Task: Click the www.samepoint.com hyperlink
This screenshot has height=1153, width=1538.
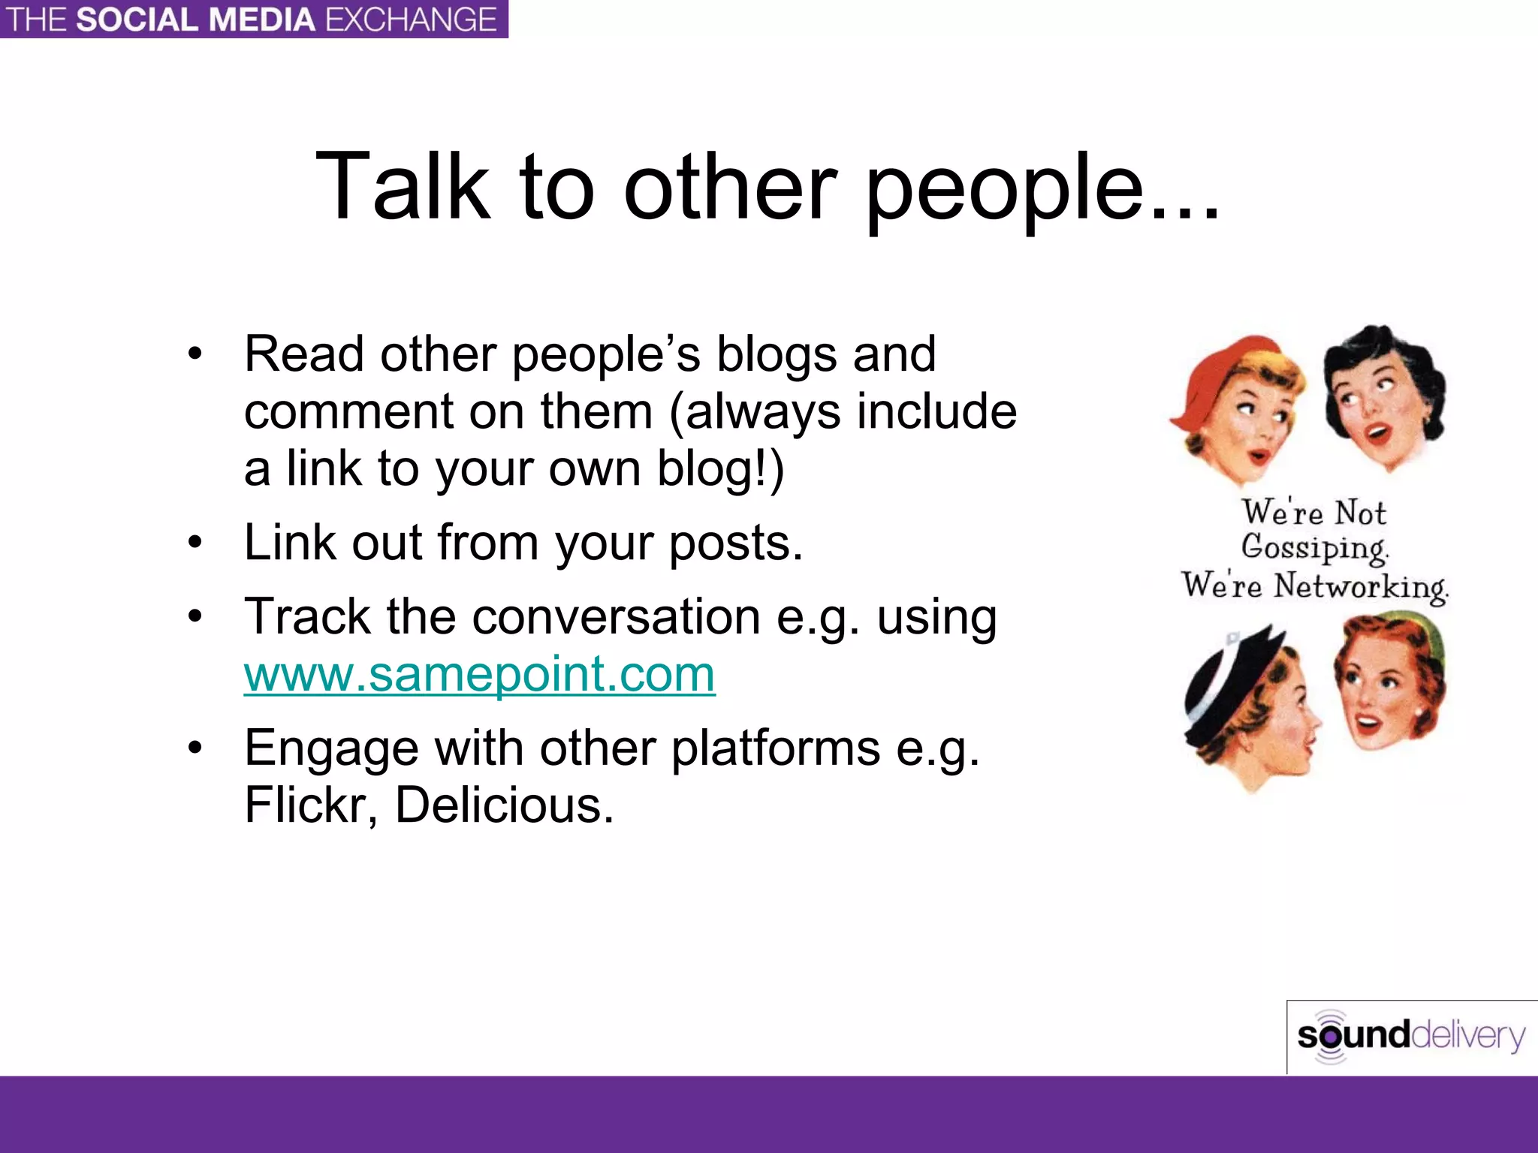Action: pyautogui.click(x=479, y=673)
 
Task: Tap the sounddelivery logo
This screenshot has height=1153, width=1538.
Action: pyautogui.click(x=1410, y=1037)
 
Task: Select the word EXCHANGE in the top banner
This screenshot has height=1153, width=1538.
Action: pyautogui.click(x=411, y=20)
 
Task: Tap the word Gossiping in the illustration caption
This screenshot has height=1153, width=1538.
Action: pyautogui.click(x=1314, y=548)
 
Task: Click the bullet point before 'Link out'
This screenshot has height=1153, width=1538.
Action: pyautogui.click(x=195, y=542)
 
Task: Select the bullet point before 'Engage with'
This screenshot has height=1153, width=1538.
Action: pyautogui.click(x=195, y=748)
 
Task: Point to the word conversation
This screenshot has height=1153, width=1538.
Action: pyautogui.click(x=616, y=616)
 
